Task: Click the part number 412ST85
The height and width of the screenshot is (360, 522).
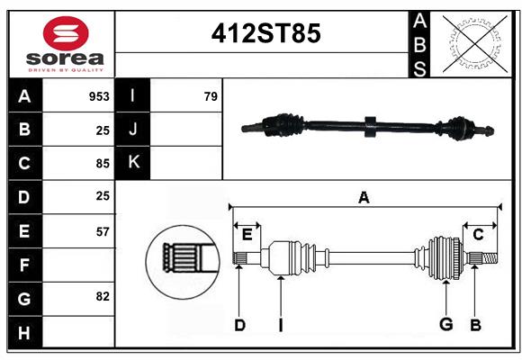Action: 265,34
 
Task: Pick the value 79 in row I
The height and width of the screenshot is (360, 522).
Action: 211,96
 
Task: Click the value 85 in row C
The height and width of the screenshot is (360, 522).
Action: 102,164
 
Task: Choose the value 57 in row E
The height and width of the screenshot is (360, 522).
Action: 102,231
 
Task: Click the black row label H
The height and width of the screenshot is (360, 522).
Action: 24,333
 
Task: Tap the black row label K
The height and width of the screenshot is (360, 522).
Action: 133,163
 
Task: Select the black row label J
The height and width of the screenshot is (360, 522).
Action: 133,130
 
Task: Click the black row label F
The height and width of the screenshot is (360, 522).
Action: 24,265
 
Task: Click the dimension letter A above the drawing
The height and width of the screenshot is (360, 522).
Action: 364,197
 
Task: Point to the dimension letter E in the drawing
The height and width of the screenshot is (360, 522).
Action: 247,235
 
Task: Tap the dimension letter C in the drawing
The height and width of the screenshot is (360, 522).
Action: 478,235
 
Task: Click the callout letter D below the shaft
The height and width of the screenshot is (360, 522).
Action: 239,325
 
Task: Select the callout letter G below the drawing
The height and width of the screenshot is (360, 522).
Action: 445,325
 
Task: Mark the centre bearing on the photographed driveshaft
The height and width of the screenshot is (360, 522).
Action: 368,127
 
